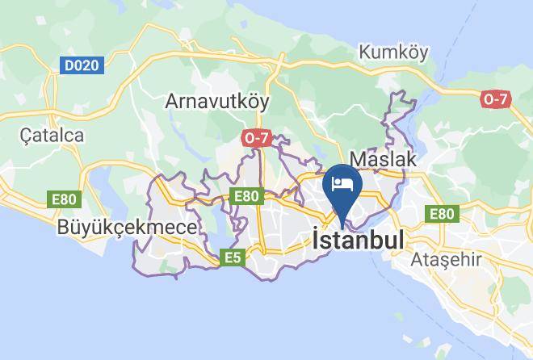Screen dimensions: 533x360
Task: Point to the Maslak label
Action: click(x=383, y=159)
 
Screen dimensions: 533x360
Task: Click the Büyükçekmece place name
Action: click(x=127, y=228)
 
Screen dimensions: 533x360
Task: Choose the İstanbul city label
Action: click(x=357, y=240)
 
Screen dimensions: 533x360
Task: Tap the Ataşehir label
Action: click(x=446, y=260)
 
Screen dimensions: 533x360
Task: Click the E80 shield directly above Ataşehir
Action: click(x=441, y=213)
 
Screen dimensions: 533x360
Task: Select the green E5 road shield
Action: click(x=233, y=257)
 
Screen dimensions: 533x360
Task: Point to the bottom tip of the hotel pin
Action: click(x=342, y=227)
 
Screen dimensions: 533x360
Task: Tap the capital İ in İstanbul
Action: click(x=315, y=239)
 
